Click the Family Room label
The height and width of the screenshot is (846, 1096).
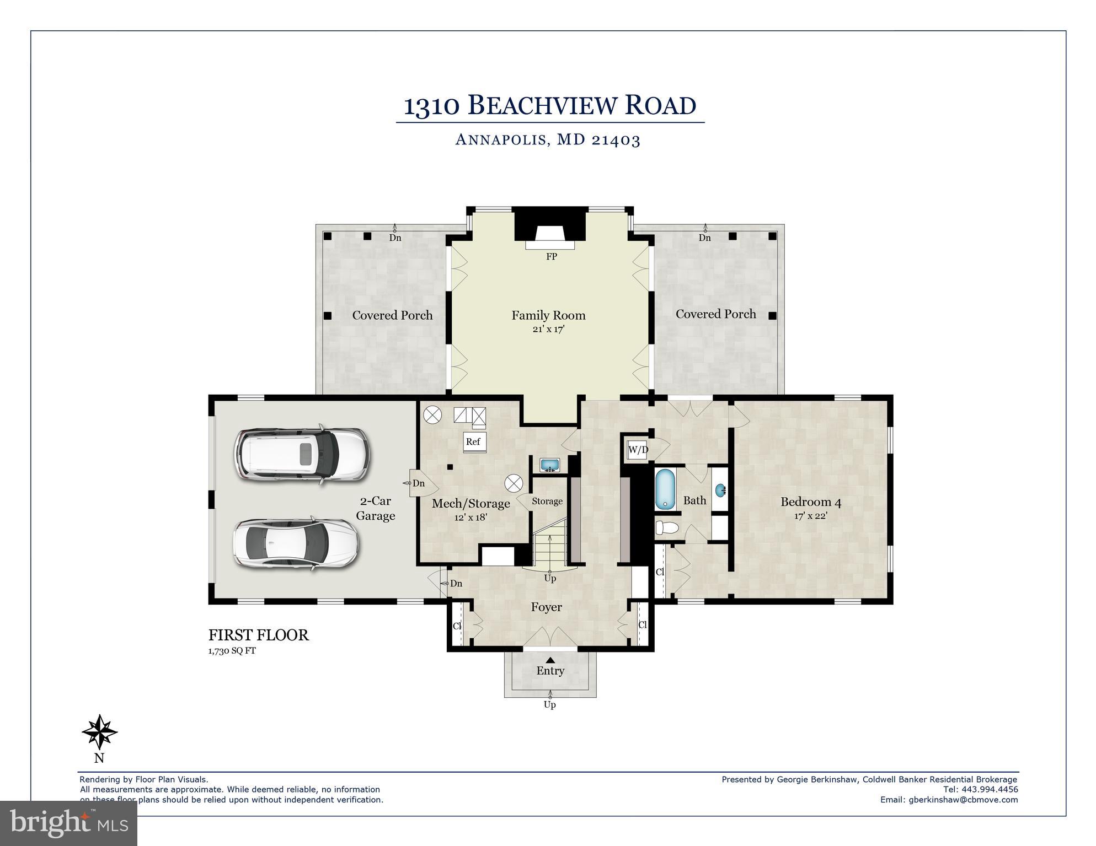(548, 315)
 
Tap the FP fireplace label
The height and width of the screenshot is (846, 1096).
(551, 257)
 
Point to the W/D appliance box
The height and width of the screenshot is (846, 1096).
(638, 450)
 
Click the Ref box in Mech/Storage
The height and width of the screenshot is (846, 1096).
(473, 441)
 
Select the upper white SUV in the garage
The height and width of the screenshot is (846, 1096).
(301, 455)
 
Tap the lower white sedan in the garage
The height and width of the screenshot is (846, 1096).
(296, 543)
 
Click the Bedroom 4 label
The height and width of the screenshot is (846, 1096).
(810, 502)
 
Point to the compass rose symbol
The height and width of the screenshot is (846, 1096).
(99, 732)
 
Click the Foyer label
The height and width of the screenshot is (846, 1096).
(546, 607)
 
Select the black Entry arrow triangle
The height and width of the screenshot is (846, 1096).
(550, 660)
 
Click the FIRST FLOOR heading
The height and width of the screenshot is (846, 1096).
(258, 635)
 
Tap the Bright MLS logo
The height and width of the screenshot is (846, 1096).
(68, 823)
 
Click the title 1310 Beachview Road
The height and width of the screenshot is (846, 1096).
(550, 106)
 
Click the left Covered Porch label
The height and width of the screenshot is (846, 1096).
(392, 315)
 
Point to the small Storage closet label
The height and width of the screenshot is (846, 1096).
(547, 501)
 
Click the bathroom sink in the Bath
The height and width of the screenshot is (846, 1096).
(720, 489)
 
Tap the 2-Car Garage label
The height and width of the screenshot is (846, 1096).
(375, 508)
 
